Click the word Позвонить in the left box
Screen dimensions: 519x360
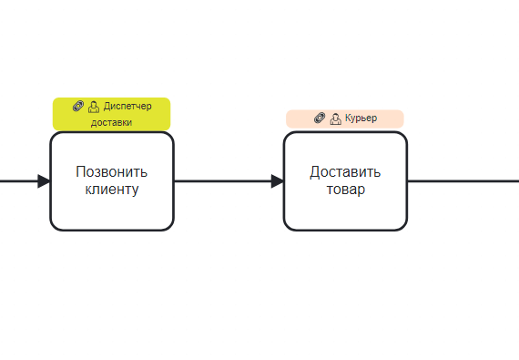(112, 171)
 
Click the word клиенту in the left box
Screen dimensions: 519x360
(112, 190)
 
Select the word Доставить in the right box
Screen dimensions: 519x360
(345, 172)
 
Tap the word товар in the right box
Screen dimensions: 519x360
(346, 190)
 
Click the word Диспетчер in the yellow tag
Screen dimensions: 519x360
(127, 107)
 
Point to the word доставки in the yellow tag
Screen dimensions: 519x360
(112, 122)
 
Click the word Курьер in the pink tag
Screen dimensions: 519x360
(361, 118)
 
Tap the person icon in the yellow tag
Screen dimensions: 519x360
(94, 107)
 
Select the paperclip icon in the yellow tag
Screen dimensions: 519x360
(78, 106)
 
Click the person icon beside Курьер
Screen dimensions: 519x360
(335, 118)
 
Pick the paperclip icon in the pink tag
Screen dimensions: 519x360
(320, 118)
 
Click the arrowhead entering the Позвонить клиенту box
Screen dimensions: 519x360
(44, 181)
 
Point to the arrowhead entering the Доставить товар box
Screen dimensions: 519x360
(278, 181)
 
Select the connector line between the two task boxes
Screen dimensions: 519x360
(229, 181)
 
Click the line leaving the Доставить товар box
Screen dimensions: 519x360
(463, 181)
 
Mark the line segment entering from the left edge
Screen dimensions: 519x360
(19, 181)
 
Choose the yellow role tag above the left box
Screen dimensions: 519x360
(112, 114)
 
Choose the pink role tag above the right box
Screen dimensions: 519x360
(345, 118)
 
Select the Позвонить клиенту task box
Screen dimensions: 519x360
(112, 181)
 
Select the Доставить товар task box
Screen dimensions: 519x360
(345, 181)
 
